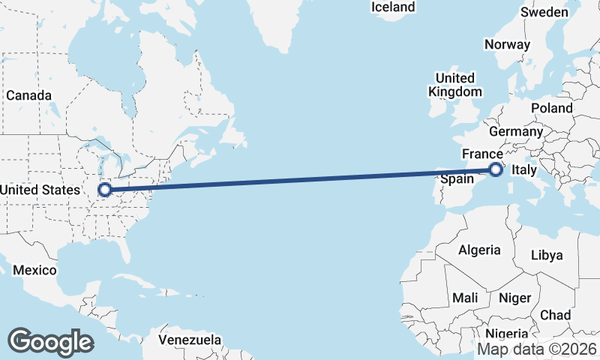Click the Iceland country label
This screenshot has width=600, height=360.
[393, 7]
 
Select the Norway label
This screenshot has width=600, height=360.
[507, 44]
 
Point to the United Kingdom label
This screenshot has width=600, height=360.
[454, 85]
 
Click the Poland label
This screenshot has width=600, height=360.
[551, 108]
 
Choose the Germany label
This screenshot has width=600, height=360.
[517, 131]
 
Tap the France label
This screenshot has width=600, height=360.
[481, 154]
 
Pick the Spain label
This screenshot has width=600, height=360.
[457, 179]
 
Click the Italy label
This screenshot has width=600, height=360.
[523, 172]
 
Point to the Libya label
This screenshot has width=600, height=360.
[546, 255]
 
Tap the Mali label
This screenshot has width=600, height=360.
[465, 298]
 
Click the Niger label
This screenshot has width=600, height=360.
[514, 298]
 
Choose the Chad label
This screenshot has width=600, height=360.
[555, 315]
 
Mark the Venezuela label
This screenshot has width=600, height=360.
[190, 340]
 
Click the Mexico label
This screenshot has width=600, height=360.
[35, 270]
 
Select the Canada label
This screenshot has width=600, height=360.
[29, 96]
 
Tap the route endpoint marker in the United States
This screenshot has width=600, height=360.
[105, 190]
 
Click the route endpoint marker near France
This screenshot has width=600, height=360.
[496, 169]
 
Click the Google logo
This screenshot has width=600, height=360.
[50, 342]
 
